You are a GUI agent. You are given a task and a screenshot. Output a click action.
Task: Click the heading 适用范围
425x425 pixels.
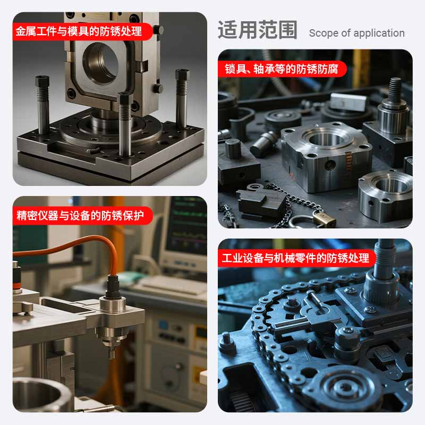coord(257,30)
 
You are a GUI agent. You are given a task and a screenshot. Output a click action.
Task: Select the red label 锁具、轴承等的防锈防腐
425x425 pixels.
coord(282,69)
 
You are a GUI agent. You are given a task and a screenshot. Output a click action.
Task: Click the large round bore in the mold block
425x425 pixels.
coord(101,64)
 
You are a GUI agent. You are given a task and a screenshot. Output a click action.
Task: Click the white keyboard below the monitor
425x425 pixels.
coord(174,285)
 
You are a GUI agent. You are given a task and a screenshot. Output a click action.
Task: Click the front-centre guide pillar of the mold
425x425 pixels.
coord(125,124)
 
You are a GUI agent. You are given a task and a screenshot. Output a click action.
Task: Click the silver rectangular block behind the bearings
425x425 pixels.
coord(349,101)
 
